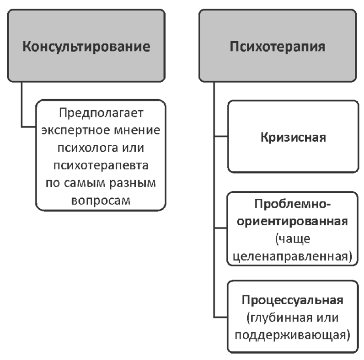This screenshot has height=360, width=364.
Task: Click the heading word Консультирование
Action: coord(86,48)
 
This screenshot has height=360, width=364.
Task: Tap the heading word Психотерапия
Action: coord(278,48)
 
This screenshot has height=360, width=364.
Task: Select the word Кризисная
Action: coord(293,138)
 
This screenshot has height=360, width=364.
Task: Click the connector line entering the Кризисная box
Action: coord(221,136)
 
